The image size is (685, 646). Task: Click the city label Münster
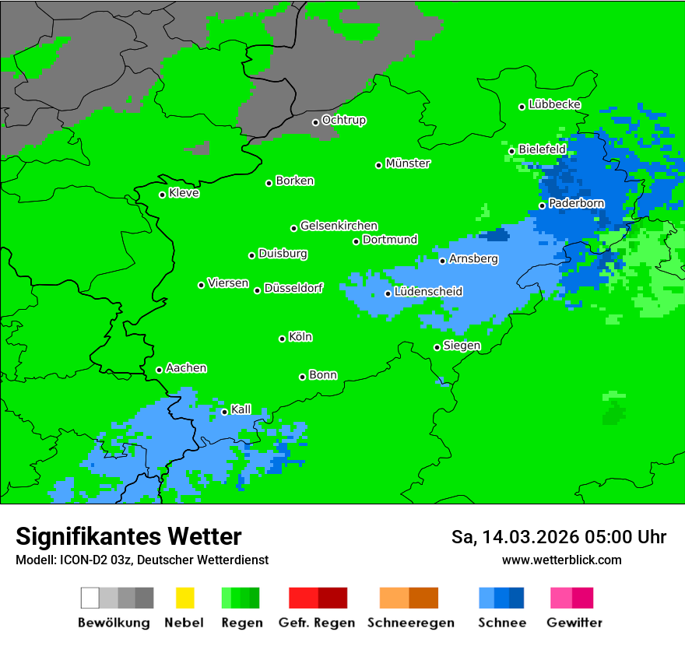[x=408, y=163]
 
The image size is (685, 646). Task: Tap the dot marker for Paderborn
[x=543, y=205]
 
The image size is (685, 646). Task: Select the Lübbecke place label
[x=554, y=104]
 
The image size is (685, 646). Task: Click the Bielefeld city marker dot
[x=512, y=151]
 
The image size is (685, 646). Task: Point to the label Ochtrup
[x=343, y=121]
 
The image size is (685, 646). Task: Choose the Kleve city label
[x=184, y=193]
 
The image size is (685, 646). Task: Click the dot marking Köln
[x=282, y=339]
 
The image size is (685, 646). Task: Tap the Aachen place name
[x=186, y=368]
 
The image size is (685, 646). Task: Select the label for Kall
[x=241, y=409]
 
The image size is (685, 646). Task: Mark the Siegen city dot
[x=437, y=347]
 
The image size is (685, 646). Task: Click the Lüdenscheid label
[x=428, y=292]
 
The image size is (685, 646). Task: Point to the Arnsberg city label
[x=473, y=259]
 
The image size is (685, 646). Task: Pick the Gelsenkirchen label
[x=339, y=226]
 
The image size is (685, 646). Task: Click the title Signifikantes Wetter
[x=128, y=536]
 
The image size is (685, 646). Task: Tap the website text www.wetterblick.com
[x=561, y=560]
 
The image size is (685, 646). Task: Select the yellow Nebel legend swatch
[x=184, y=598]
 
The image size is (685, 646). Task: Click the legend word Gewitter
[x=574, y=623]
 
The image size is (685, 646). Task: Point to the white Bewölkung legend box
[x=90, y=598]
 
